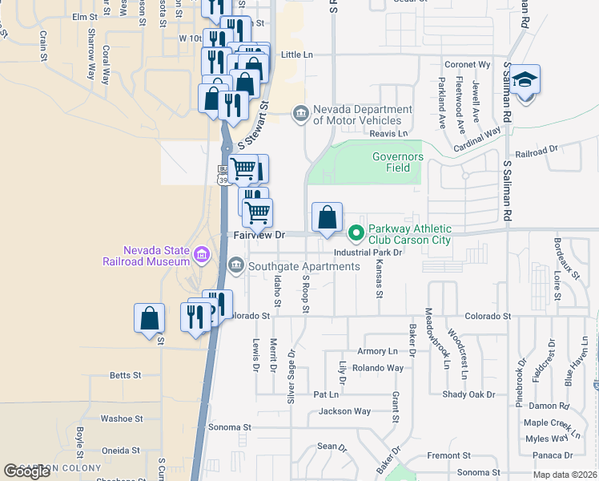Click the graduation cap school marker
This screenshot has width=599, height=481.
click(525, 80)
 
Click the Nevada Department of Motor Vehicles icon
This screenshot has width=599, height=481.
click(300, 114)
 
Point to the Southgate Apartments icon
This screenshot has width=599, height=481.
click(236, 265)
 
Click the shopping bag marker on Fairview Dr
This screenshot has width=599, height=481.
click(327, 218)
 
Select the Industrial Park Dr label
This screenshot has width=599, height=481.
click(367, 252)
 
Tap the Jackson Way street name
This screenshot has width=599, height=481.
click(344, 411)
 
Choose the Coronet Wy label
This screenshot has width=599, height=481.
click(467, 64)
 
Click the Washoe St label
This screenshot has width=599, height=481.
click(121, 418)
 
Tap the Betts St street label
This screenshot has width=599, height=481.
click(125, 374)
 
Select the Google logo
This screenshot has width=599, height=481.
click(26, 471)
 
